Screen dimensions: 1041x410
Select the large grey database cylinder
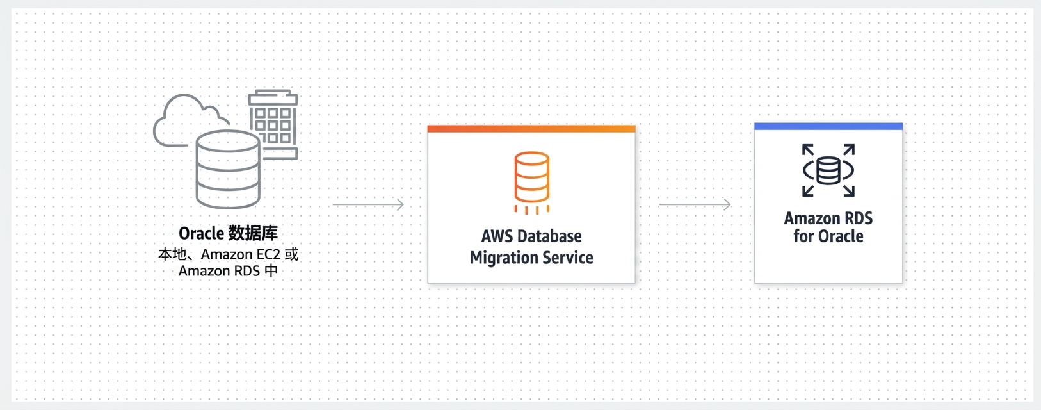pos(228,170)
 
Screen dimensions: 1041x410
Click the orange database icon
pos(531,182)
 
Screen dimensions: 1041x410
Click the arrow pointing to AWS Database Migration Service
pos(368,204)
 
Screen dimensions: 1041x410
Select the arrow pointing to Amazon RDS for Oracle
pos(695,204)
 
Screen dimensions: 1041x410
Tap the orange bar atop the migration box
pos(531,129)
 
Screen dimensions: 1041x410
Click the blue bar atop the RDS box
pos(828,126)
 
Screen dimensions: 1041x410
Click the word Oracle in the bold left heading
pos(202,233)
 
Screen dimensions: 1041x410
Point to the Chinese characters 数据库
pos(254,233)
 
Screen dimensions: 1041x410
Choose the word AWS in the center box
pos(497,236)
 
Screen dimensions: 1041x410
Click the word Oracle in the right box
pos(840,236)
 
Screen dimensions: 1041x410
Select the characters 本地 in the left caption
pos(172,254)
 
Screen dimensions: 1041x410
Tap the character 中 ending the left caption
pos(271,270)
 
